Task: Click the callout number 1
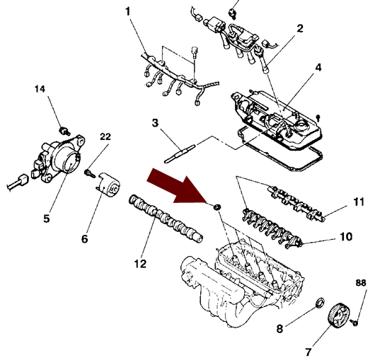(x=128, y=11)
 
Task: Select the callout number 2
(x=300, y=28)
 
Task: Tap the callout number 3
(x=156, y=123)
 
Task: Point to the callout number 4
(x=318, y=68)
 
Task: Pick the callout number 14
(x=40, y=89)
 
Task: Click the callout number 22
(x=105, y=137)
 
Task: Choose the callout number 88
(x=361, y=283)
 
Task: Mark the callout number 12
(x=140, y=264)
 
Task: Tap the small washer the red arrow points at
(x=217, y=207)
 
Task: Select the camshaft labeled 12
(x=166, y=219)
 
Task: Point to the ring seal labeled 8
(x=320, y=303)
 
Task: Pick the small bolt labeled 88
(x=354, y=323)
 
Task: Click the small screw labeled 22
(x=90, y=173)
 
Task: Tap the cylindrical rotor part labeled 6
(x=109, y=185)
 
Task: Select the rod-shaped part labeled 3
(x=180, y=153)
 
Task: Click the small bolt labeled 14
(x=64, y=131)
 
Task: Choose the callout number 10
(x=346, y=237)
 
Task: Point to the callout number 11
(x=358, y=202)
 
